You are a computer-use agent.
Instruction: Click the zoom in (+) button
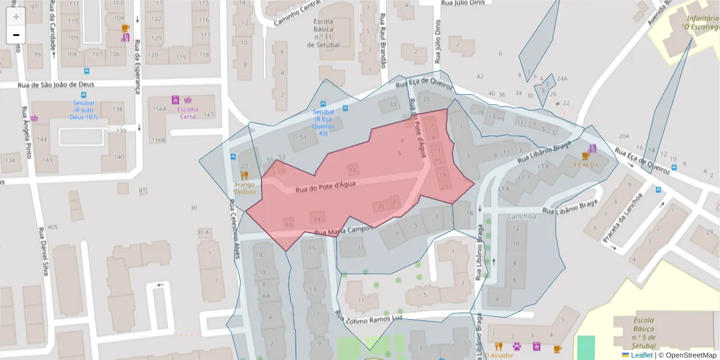tap(16, 17)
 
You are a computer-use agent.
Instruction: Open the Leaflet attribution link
tap(641, 355)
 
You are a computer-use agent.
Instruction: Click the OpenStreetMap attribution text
tap(688, 355)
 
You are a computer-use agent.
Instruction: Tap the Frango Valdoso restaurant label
tap(245, 188)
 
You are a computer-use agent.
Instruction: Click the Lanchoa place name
tap(522, 217)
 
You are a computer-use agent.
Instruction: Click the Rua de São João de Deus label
tap(52, 85)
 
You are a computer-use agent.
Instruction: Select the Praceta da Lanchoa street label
tap(623, 217)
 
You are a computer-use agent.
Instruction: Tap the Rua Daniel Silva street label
tap(43, 251)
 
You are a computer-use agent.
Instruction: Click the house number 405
tap(53, 227)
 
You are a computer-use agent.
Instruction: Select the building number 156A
tap(159, 109)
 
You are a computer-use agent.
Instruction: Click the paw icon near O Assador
tap(516, 346)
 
